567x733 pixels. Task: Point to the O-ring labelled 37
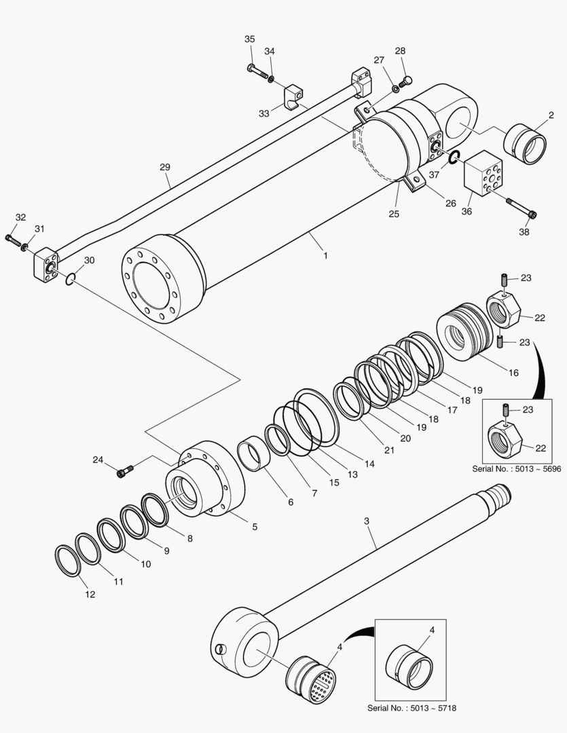(x=454, y=157)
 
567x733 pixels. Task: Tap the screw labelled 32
(x=14, y=240)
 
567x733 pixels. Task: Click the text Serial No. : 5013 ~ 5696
(x=517, y=468)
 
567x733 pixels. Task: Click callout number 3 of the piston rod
(x=367, y=521)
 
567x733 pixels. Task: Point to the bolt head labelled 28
(x=407, y=83)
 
